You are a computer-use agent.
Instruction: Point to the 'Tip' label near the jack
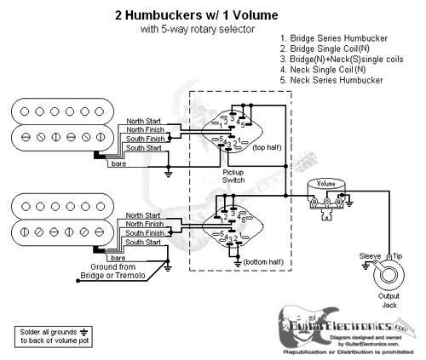(x=396, y=254)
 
